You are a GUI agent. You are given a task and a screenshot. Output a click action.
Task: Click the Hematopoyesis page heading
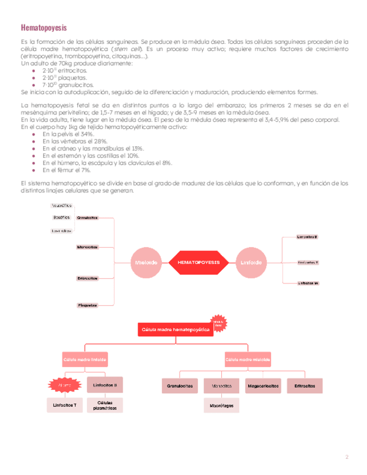click(x=43, y=27)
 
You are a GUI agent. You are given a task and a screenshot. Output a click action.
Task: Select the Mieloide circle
click(x=146, y=262)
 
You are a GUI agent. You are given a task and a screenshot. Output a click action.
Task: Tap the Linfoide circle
click(x=250, y=262)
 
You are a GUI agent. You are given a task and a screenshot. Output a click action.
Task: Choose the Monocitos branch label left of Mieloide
click(x=87, y=247)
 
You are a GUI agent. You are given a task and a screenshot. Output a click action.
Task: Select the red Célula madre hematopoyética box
click(x=175, y=330)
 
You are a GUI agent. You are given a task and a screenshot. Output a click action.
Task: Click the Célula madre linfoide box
click(x=85, y=359)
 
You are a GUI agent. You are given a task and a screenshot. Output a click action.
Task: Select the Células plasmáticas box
click(x=107, y=406)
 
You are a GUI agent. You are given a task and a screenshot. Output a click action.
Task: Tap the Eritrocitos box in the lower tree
click(x=304, y=385)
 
